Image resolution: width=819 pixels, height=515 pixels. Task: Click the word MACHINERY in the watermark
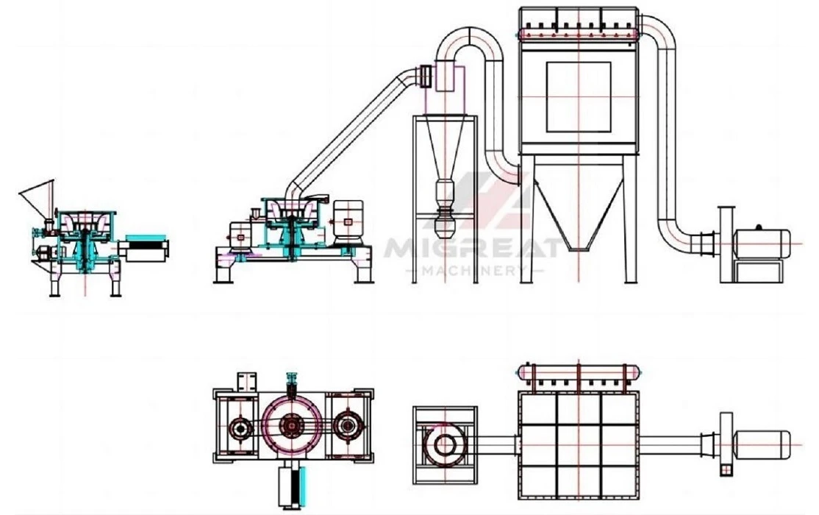473,270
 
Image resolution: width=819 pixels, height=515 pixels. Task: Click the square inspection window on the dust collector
579,97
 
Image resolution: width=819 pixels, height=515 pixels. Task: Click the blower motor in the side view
761,243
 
